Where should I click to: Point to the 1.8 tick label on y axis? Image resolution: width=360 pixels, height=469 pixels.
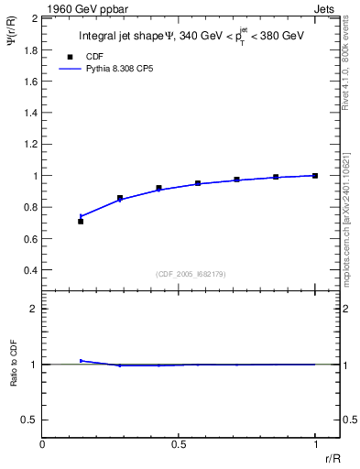click(29, 49)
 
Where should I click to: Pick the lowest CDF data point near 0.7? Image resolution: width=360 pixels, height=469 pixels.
click(81, 222)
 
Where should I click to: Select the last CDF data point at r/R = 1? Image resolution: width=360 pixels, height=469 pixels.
click(315, 175)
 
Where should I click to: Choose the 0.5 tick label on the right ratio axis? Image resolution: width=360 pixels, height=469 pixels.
click(349, 420)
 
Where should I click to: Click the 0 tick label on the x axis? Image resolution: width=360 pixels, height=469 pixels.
click(43, 443)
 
